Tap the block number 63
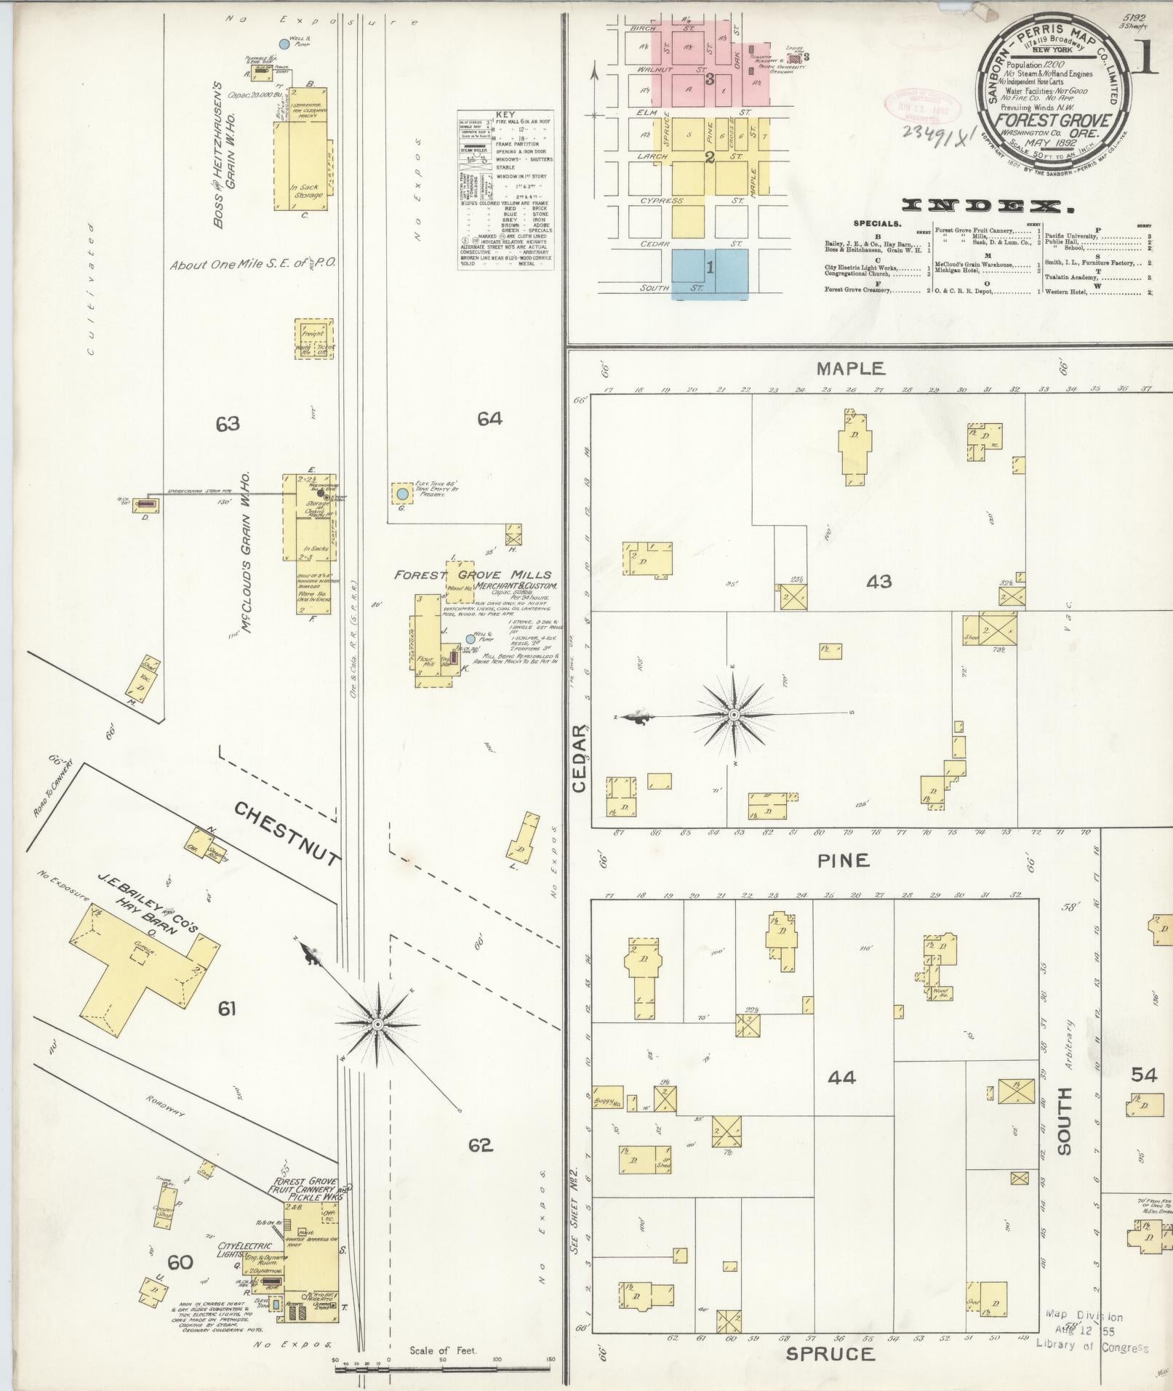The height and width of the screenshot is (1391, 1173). click(x=228, y=423)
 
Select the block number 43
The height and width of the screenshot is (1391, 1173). click(x=879, y=581)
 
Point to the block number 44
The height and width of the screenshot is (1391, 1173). click(x=842, y=1078)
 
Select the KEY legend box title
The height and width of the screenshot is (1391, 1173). click(x=504, y=115)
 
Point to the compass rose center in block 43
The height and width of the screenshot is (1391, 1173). click(x=734, y=715)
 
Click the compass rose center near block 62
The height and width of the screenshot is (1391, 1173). click(x=377, y=1025)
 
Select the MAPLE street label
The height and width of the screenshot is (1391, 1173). click(x=850, y=369)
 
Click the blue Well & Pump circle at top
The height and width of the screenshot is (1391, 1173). click(x=285, y=44)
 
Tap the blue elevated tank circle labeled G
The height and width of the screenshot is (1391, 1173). click(x=402, y=494)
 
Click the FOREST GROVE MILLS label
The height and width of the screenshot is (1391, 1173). click(x=473, y=574)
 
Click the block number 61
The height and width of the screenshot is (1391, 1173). click(x=228, y=1009)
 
